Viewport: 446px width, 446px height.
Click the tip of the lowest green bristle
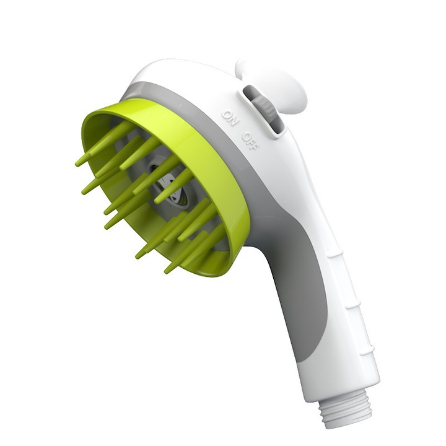167,270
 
